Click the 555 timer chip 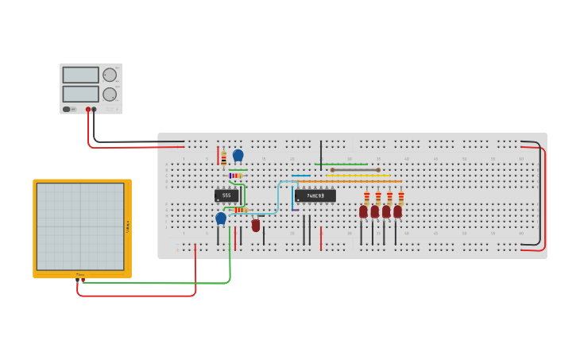click(x=226, y=195)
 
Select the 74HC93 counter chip click(x=315, y=195)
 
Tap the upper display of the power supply click(x=80, y=75)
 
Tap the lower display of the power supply click(x=80, y=94)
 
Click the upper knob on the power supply click(x=110, y=75)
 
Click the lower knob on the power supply click(x=110, y=94)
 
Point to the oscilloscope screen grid click(x=79, y=226)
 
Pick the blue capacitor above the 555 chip click(x=238, y=155)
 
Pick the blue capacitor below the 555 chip click(x=221, y=218)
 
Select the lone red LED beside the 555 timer click(x=256, y=225)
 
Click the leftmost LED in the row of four click(x=363, y=211)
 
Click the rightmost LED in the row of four click(x=397, y=211)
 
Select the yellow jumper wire click(x=358, y=175)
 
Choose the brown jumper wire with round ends click(x=355, y=169)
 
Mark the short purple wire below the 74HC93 click(x=296, y=210)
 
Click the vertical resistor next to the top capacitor click(x=224, y=158)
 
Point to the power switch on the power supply click(x=67, y=109)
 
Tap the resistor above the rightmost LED click(x=400, y=197)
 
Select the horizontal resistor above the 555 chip click(x=235, y=176)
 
